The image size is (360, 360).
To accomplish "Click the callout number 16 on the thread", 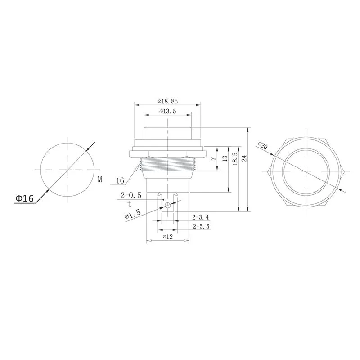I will (120, 181).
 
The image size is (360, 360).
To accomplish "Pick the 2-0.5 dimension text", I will (131, 195).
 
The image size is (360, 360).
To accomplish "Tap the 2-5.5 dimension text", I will (201, 226).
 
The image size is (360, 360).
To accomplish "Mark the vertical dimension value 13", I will (225, 158).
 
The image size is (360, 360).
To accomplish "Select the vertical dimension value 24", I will (244, 158).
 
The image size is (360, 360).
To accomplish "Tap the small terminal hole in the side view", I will (167, 206).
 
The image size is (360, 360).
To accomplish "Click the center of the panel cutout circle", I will (67, 170).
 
